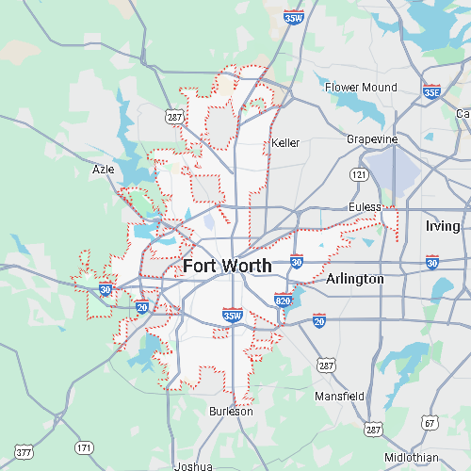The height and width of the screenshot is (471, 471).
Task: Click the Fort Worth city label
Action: (x=227, y=266)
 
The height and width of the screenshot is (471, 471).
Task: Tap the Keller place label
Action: (x=284, y=143)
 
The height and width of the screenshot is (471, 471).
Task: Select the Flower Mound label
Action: (x=361, y=88)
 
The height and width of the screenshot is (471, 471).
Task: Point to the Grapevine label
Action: (x=372, y=139)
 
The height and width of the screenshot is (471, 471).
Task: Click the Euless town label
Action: (x=365, y=206)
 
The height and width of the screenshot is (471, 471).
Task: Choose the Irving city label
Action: (x=443, y=226)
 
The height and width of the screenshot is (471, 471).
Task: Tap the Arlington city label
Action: (x=355, y=279)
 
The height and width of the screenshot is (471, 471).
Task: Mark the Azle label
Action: (x=103, y=170)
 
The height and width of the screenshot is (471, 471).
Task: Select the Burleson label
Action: (x=232, y=412)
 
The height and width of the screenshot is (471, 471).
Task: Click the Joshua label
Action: (x=193, y=465)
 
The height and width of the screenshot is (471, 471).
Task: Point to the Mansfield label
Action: (x=339, y=397)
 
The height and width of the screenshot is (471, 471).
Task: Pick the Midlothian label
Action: (x=411, y=457)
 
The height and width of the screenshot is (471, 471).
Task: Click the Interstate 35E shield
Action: (x=431, y=91)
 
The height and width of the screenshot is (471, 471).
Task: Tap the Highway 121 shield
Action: (x=359, y=175)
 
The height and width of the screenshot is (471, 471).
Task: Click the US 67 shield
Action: (x=430, y=423)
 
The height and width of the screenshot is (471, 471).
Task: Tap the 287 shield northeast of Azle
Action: (x=175, y=117)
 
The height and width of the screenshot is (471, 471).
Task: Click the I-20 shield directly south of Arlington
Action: (x=319, y=322)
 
